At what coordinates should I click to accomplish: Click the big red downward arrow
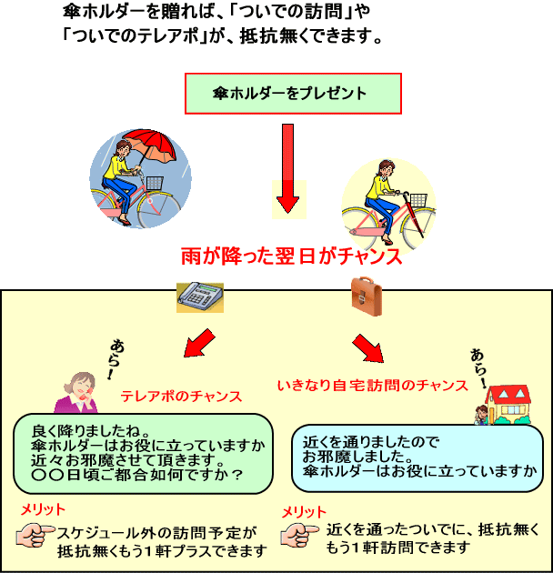[288, 167]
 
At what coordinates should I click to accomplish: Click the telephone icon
[199, 297]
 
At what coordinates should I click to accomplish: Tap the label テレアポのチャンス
[181, 397]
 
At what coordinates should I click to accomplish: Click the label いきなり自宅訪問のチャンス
[372, 387]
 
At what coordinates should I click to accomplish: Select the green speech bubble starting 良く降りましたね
[145, 452]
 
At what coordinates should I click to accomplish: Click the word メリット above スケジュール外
[43, 509]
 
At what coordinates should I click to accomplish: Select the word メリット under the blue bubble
[304, 511]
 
